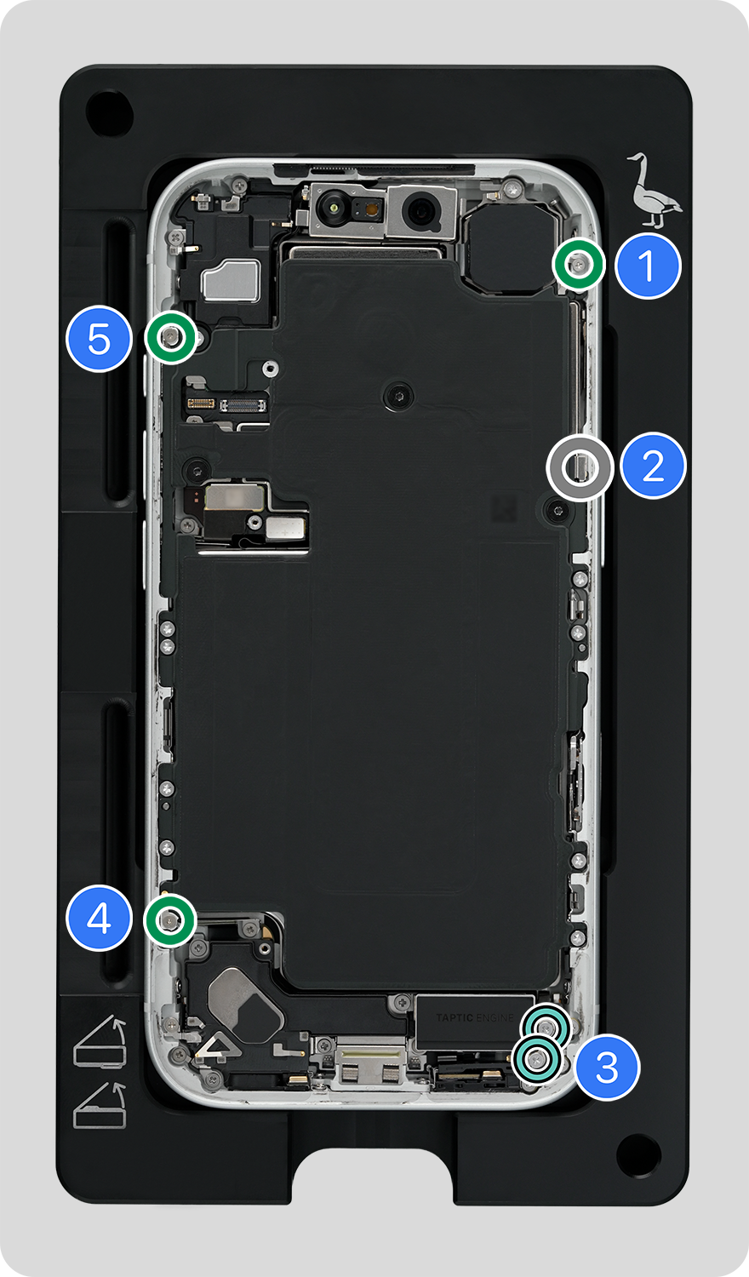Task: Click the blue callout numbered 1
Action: (x=648, y=266)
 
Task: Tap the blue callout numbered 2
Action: (x=653, y=466)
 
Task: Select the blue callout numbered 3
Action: (x=607, y=1068)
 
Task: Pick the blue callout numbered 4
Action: (x=100, y=918)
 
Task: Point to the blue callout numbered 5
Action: (x=100, y=339)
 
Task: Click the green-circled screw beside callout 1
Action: (x=579, y=265)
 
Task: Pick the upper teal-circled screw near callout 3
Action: (x=546, y=1028)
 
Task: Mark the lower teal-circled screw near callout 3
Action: (x=536, y=1060)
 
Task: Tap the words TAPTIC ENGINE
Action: (x=475, y=1017)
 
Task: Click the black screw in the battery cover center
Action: (x=399, y=395)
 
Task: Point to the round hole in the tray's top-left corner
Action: (x=110, y=112)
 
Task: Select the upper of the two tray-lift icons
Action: (x=100, y=1041)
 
